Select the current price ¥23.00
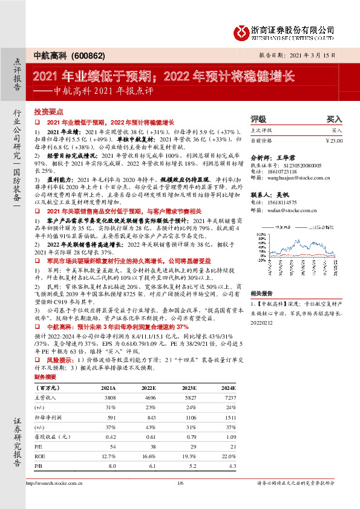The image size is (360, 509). pos(333,140)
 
